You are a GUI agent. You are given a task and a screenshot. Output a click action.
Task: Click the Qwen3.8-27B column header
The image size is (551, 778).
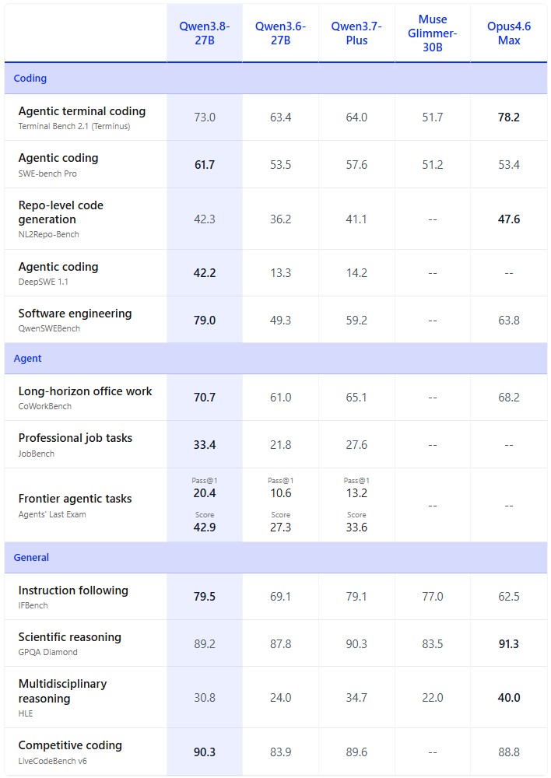click(x=205, y=33)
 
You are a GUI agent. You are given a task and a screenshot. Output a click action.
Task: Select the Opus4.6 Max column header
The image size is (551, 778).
click(x=509, y=33)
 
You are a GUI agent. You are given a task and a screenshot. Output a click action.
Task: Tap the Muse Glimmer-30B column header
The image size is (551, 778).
click(x=433, y=33)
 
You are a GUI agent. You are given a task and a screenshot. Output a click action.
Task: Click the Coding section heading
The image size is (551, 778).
click(x=30, y=79)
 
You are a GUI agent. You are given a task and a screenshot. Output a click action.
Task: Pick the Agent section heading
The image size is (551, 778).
click(x=28, y=358)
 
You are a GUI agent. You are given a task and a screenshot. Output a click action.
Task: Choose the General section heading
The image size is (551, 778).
click(x=31, y=557)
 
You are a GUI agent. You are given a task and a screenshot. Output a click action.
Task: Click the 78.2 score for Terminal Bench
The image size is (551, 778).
click(x=509, y=117)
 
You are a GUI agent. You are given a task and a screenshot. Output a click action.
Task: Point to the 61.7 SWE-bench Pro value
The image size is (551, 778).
click(x=205, y=165)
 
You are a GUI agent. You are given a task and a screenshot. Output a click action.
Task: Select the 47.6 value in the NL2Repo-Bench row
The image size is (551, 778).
click(x=509, y=219)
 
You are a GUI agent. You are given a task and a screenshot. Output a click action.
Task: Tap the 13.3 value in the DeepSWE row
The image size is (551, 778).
click(x=280, y=273)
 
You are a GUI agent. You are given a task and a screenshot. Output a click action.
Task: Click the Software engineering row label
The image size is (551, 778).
click(x=75, y=314)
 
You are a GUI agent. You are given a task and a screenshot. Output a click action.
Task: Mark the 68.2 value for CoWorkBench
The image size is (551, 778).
click(x=509, y=398)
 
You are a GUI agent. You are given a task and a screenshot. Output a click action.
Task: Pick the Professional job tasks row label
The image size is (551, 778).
click(x=75, y=438)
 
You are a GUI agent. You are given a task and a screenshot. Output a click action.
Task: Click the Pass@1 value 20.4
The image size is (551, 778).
click(x=205, y=493)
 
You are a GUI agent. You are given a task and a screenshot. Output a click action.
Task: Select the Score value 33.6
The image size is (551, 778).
click(x=356, y=527)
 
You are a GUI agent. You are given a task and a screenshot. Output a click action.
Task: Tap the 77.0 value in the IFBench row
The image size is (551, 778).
click(x=433, y=597)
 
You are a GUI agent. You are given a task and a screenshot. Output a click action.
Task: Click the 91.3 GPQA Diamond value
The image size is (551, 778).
click(x=509, y=644)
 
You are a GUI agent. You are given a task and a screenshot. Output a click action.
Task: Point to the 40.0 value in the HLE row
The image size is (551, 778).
click(x=509, y=698)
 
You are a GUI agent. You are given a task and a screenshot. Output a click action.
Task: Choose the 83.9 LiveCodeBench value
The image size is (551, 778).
click(x=280, y=752)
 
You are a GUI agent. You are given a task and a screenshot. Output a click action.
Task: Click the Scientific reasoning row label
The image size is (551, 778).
click(x=69, y=637)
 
